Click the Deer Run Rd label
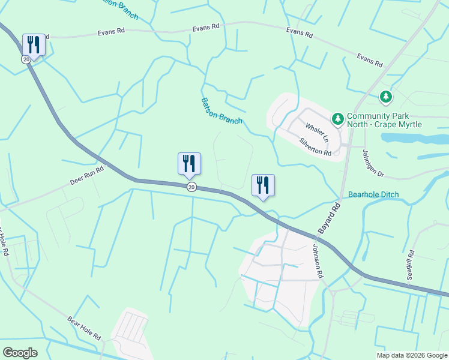pyautogui.click(x=88, y=174)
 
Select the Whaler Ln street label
pyautogui.click(x=318, y=133)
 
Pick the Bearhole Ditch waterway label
pyautogui.click(x=373, y=195)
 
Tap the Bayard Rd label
pyautogui.click(x=329, y=218)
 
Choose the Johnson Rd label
pyautogui.click(x=318, y=261)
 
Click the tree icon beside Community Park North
pyautogui.click(x=338, y=119)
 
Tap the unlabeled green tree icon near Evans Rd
pyautogui.click(x=385, y=96)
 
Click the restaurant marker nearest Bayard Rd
pyautogui.click(x=263, y=184)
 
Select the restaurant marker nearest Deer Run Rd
pyautogui.click(x=190, y=163)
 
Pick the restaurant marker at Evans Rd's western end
pyautogui.click(x=34, y=44)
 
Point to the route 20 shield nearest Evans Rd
pyautogui.click(x=25, y=59)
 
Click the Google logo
pyautogui.click(x=20, y=352)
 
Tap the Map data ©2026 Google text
pyautogui.click(x=411, y=355)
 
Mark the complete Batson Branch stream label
pyautogui.click(x=221, y=111)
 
